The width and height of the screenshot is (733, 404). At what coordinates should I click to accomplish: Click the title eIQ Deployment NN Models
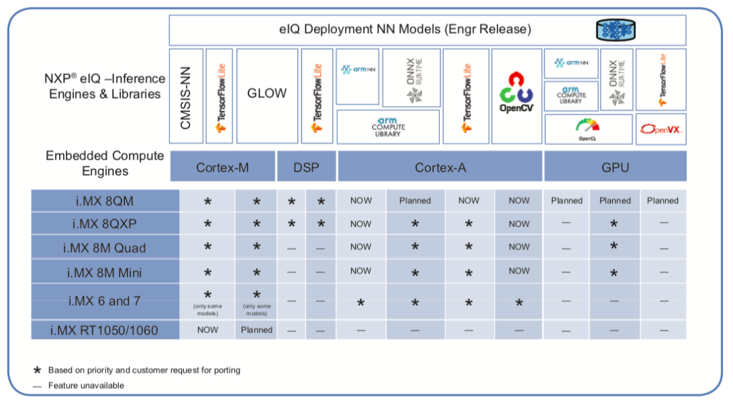pyautogui.click(x=405, y=30)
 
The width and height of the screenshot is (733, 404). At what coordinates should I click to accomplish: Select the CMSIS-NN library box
pyautogui.click(x=186, y=96)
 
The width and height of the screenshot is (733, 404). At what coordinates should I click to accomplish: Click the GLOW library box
pyautogui.click(x=266, y=94)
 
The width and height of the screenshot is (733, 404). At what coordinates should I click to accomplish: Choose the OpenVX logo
pyautogui.click(x=660, y=129)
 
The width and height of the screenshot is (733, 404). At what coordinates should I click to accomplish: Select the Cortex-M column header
pyautogui.click(x=222, y=167)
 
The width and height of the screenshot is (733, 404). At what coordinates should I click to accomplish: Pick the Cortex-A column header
pyautogui.click(x=440, y=167)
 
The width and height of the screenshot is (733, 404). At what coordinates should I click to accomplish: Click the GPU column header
pyautogui.click(x=614, y=167)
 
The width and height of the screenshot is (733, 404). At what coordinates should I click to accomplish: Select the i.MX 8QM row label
pyautogui.click(x=105, y=201)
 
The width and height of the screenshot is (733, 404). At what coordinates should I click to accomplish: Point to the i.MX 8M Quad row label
pyautogui.click(x=105, y=248)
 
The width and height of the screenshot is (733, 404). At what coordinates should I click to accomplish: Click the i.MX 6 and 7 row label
pyautogui.click(x=105, y=301)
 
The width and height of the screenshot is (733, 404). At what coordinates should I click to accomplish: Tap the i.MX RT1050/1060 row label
pyautogui.click(x=105, y=330)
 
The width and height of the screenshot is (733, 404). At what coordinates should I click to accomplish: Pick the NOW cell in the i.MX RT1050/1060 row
pyautogui.click(x=208, y=330)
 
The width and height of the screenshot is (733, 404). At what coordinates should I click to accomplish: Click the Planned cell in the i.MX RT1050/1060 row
pyautogui.click(x=257, y=330)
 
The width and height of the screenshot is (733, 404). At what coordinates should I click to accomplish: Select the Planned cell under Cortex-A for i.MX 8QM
pyautogui.click(x=415, y=201)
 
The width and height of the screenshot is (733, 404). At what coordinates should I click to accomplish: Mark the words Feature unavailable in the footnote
pyautogui.click(x=86, y=386)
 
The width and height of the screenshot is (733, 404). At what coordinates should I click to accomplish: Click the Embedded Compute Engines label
pyautogui.click(x=105, y=163)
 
